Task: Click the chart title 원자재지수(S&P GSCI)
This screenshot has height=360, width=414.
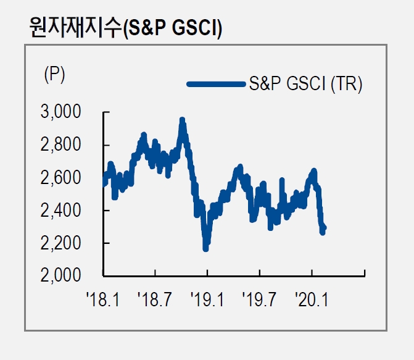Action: [126, 28]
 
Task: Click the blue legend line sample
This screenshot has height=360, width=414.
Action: [216, 85]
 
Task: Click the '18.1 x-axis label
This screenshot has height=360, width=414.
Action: [103, 301]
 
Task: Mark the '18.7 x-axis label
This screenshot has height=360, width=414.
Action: [155, 301]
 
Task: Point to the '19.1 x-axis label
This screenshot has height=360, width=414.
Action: [208, 301]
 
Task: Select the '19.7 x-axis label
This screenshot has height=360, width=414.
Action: [260, 301]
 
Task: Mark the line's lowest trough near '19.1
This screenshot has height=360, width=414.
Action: [205, 248]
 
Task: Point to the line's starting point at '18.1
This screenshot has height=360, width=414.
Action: [104, 183]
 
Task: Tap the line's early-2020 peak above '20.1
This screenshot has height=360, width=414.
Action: [313, 171]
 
